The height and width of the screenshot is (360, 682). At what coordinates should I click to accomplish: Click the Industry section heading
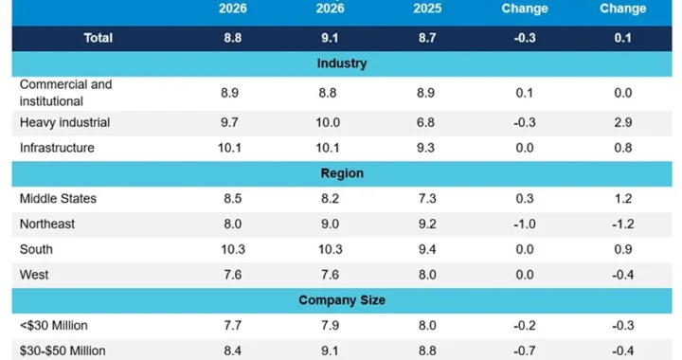click(342, 63)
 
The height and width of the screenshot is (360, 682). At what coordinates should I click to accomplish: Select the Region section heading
click(342, 173)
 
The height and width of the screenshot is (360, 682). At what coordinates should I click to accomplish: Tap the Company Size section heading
click(342, 300)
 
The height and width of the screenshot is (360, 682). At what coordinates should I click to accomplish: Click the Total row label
click(99, 38)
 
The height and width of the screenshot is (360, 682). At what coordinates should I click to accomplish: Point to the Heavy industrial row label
click(64, 122)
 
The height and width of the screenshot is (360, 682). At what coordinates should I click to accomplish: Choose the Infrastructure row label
click(57, 148)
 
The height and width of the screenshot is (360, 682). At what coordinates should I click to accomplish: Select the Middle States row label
click(58, 199)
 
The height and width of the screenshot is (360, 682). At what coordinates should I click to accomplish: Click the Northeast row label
click(47, 224)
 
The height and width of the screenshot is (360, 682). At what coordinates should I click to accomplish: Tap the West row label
click(34, 275)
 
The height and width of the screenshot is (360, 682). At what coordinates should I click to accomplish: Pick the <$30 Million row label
click(53, 326)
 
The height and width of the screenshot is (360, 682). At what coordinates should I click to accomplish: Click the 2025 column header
click(427, 9)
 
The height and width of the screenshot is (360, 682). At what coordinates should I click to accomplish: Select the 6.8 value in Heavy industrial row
click(425, 122)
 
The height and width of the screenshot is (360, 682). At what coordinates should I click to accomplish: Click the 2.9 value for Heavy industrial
click(623, 122)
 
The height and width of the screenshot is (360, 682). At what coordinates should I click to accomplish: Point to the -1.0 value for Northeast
click(525, 224)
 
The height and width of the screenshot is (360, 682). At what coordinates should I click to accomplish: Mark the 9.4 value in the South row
click(427, 249)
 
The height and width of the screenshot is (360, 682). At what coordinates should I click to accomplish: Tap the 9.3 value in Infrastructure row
click(425, 148)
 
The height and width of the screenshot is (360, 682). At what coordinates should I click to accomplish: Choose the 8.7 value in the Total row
click(427, 38)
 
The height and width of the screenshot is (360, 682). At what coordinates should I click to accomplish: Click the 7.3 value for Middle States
click(427, 199)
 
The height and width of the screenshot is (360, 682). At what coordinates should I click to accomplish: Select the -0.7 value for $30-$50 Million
click(525, 351)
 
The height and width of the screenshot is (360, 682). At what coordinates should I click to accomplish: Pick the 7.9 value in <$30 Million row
click(331, 326)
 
